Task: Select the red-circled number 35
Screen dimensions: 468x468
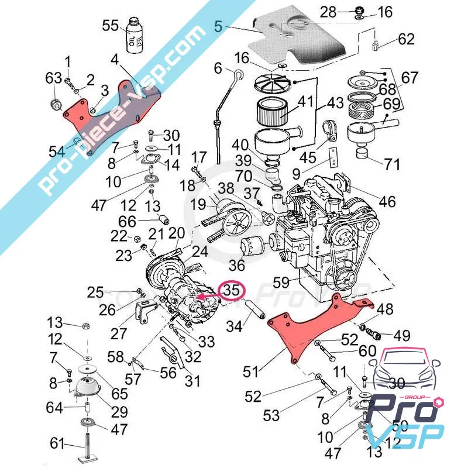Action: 232,290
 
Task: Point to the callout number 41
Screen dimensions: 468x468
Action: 305,102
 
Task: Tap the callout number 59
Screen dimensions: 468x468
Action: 281,283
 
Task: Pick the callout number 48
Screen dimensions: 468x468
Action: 385,309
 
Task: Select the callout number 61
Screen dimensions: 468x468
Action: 57,444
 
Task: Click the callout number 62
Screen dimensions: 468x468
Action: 406,39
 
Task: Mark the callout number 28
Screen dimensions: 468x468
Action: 328,11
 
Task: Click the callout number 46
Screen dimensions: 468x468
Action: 387,202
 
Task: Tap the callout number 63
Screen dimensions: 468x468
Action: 54,77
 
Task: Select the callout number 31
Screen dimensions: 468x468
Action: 192,381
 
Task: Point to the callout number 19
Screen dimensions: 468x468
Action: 198,205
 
